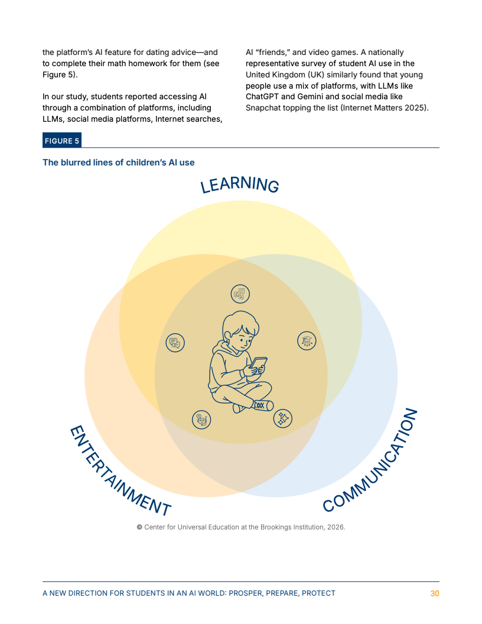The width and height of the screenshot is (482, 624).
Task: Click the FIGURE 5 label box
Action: click(62, 141)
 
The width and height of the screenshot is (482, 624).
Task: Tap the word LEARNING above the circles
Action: click(239, 184)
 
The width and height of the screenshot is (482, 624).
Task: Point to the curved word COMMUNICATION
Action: click(370, 460)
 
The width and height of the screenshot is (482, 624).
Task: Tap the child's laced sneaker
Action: click(262, 405)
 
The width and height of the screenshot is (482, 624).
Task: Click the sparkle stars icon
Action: click(283, 418)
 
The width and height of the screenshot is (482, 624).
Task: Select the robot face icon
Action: click(201, 420)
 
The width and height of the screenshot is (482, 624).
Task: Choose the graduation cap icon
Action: click(307, 340)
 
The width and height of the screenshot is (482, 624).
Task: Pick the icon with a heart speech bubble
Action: click(240, 294)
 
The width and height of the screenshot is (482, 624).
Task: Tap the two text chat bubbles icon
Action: click(175, 343)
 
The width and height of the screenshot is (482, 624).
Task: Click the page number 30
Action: click(435, 593)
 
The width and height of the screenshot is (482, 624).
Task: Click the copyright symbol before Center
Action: click(139, 527)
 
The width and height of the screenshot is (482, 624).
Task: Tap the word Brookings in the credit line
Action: click(276, 527)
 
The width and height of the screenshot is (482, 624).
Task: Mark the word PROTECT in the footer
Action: click(318, 593)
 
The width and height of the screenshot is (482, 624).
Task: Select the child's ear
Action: click(227, 334)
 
